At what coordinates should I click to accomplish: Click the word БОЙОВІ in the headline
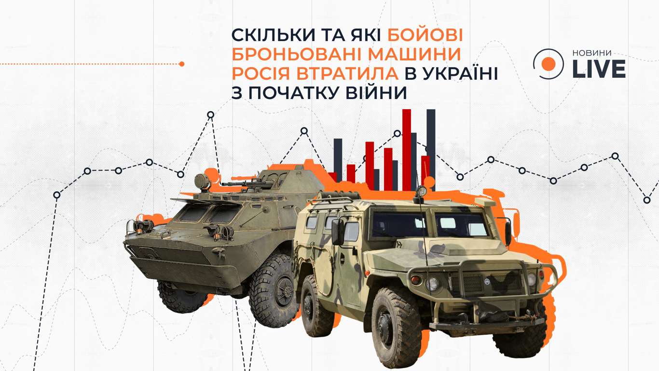(425, 35)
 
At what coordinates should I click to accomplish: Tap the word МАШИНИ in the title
(411, 54)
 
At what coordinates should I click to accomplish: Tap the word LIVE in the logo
(599, 69)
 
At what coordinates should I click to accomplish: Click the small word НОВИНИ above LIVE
(592, 53)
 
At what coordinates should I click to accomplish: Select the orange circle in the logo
(549, 64)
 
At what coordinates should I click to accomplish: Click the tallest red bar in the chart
(407, 150)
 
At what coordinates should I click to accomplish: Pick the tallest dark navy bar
(431, 150)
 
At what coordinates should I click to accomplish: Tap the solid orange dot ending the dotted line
(182, 64)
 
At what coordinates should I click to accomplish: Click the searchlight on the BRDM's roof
(202, 181)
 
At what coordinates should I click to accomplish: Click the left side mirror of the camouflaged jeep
(337, 232)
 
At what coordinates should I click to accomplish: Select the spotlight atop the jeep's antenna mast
(421, 191)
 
